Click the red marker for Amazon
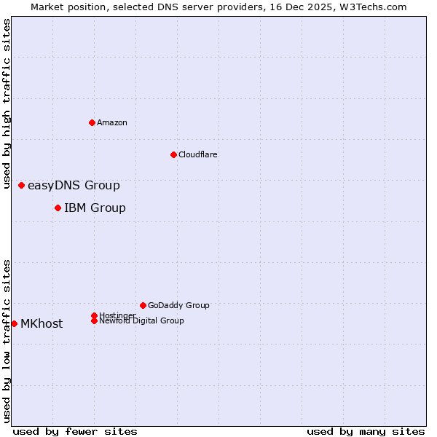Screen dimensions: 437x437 click(x=92, y=122)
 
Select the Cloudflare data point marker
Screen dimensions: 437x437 click(x=173, y=154)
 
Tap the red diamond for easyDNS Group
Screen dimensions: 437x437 click(x=21, y=186)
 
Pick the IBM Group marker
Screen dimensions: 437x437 click(x=58, y=208)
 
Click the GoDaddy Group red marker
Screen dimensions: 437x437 click(x=143, y=305)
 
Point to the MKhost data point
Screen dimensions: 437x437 click(x=14, y=323)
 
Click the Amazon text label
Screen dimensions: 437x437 click(x=112, y=122)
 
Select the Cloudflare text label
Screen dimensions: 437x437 click(x=197, y=154)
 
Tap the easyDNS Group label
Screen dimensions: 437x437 click(x=74, y=186)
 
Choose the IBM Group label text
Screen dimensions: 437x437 click(x=95, y=208)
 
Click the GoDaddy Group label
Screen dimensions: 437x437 click(x=178, y=305)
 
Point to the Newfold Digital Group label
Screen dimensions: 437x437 click(x=142, y=321)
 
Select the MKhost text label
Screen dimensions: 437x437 click(x=42, y=324)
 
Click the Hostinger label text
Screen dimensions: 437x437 click(x=117, y=315)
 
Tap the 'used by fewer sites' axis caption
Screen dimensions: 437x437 click(x=75, y=431)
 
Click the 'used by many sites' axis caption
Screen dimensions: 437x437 click(x=366, y=431)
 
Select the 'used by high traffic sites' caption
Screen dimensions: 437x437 click(x=7, y=103)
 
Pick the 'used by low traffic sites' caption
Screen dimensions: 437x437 click(x=7, y=340)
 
